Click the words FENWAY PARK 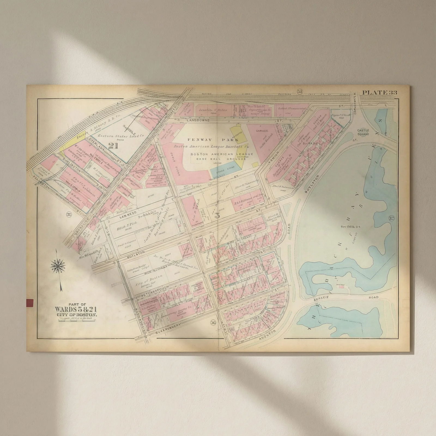click(x=213, y=140)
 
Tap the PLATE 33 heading click(x=379, y=92)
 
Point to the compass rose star click(x=58, y=266)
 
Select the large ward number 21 click(x=113, y=146)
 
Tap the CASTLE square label click(x=363, y=132)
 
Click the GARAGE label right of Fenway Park click(x=262, y=131)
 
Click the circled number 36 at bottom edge click(x=213, y=323)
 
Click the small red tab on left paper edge click(x=29, y=303)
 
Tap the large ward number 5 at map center click(x=217, y=215)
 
